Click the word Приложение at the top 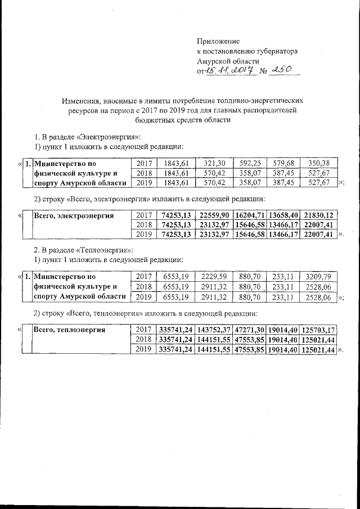tap(218, 42)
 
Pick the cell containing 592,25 tap(250, 163)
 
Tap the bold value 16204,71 tap(250, 215)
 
